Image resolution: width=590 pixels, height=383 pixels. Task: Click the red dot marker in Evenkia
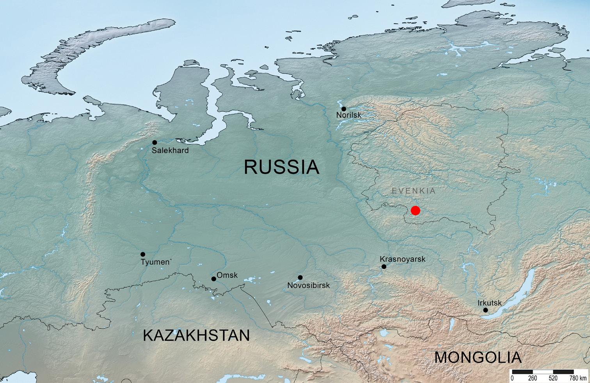click(416, 210)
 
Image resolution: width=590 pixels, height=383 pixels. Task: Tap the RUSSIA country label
click(281, 167)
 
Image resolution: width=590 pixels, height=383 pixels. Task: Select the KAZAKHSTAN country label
click(196, 335)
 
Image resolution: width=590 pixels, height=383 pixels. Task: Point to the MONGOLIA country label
click(478, 357)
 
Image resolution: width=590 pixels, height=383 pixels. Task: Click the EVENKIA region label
click(414, 191)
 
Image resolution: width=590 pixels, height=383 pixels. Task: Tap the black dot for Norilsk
click(344, 109)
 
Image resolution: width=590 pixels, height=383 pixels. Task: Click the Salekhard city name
click(170, 150)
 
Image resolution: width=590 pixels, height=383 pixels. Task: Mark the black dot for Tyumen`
click(143, 254)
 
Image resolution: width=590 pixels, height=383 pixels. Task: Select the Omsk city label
click(227, 275)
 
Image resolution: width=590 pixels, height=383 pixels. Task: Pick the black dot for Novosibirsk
click(300, 277)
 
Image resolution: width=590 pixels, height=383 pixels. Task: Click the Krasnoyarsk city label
click(402, 259)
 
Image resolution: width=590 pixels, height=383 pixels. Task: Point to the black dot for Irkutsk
click(485, 310)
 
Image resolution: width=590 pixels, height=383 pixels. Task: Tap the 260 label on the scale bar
click(532, 378)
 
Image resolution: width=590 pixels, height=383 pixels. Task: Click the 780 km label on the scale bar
click(578, 378)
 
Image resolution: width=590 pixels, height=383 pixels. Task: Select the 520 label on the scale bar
click(553, 378)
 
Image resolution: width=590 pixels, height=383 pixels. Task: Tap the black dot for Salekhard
click(155, 143)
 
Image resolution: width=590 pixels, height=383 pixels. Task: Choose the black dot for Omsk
click(214, 279)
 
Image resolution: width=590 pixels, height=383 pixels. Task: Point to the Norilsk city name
click(348, 115)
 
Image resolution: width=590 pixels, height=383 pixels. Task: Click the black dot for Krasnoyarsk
click(384, 267)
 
